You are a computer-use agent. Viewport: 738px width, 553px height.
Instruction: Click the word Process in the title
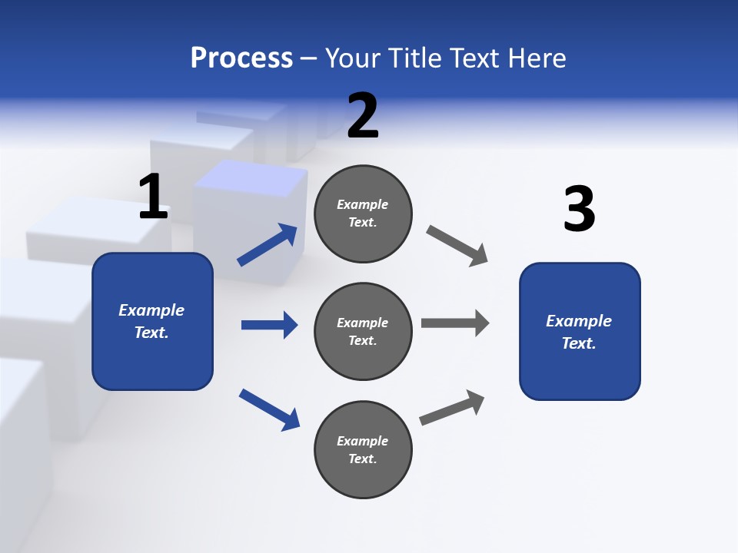click(x=241, y=58)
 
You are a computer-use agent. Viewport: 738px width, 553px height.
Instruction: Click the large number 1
click(x=153, y=197)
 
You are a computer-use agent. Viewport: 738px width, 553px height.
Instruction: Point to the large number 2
click(x=363, y=116)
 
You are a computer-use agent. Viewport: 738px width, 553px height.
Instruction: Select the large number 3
click(x=579, y=209)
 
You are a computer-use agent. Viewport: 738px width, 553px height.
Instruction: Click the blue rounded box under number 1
click(x=152, y=321)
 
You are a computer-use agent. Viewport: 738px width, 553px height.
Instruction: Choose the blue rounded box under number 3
click(x=580, y=331)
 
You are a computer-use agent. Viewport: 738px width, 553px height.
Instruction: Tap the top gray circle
click(x=363, y=214)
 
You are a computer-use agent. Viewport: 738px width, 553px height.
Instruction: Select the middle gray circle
click(x=363, y=331)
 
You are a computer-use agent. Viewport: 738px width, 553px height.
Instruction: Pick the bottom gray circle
click(x=363, y=449)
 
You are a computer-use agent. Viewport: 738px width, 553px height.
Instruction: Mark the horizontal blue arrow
click(x=269, y=325)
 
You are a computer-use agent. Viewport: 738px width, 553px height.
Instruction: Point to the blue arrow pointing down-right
click(x=269, y=409)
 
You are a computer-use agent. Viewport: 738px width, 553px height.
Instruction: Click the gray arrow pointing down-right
click(x=457, y=246)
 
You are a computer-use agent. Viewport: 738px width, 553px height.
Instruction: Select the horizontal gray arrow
click(x=455, y=323)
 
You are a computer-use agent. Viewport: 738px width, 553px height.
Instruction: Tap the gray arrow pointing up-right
click(x=452, y=407)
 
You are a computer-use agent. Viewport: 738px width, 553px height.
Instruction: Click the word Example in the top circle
click(x=363, y=204)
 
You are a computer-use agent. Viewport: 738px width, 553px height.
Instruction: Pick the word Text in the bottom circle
click(x=361, y=459)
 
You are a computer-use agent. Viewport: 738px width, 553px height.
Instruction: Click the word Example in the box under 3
click(x=579, y=321)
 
